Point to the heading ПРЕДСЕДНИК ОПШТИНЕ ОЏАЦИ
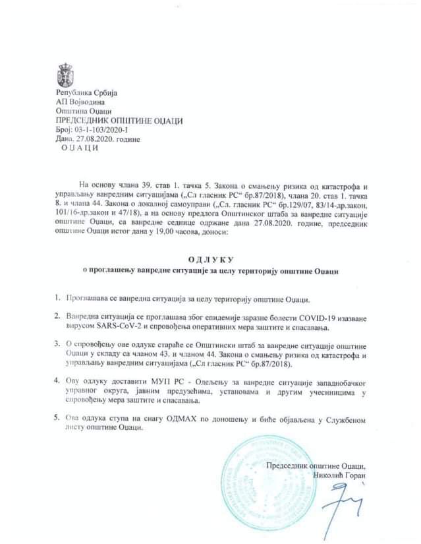tap(119, 121)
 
